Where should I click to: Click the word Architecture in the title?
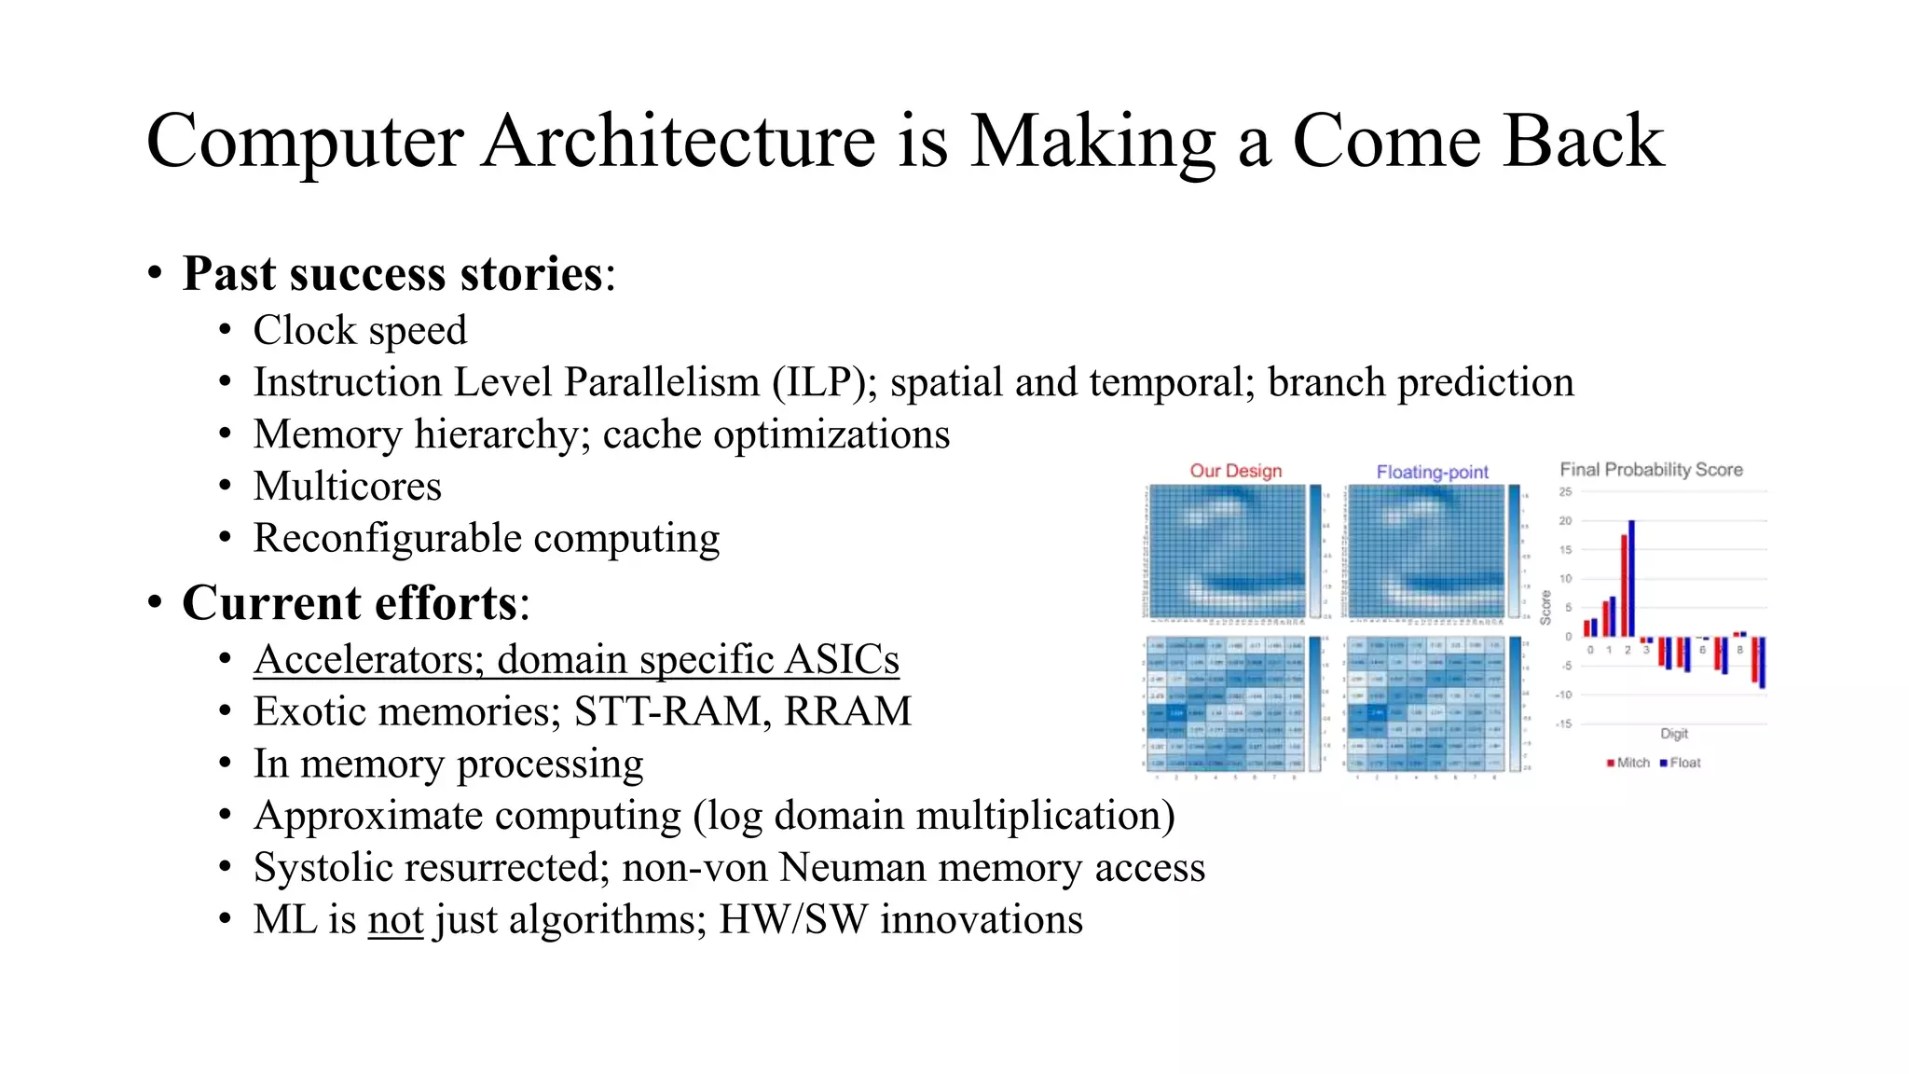pyautogui.click(x=680, y=141)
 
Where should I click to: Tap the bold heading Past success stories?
pyautogui.click(x=392, y=274)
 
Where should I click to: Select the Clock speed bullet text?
pyautogui.click(x=360, y=330)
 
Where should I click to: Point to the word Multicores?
pyautogui.click(x=347, y=487)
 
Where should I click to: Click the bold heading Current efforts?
pyautogui.click(x=349, y=602)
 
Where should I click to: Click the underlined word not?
pyautogui.click(x=396, y=920)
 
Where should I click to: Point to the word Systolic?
pyautogui.click(x=316, y=868)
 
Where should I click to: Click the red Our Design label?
pyautogui.click(x=1235, y=471)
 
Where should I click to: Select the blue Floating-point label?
pyautogui.click(x=1432, y=472)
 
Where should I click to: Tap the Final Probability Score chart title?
pyautogui.click(x=1651, y=470)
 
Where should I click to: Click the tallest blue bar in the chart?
pyautogui.click(x=1631, y=578)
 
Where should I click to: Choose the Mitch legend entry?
pyautogui.click(x=1632, y=763)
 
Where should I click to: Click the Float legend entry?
pyautogui.click(x=1683, y=763)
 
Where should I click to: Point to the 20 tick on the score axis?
pyautogui.click(x=1565, y=521)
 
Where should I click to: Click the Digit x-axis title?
pyautogui.click(x=1673, y=734)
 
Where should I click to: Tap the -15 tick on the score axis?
pyautogui.click(x=1563, y=724)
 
